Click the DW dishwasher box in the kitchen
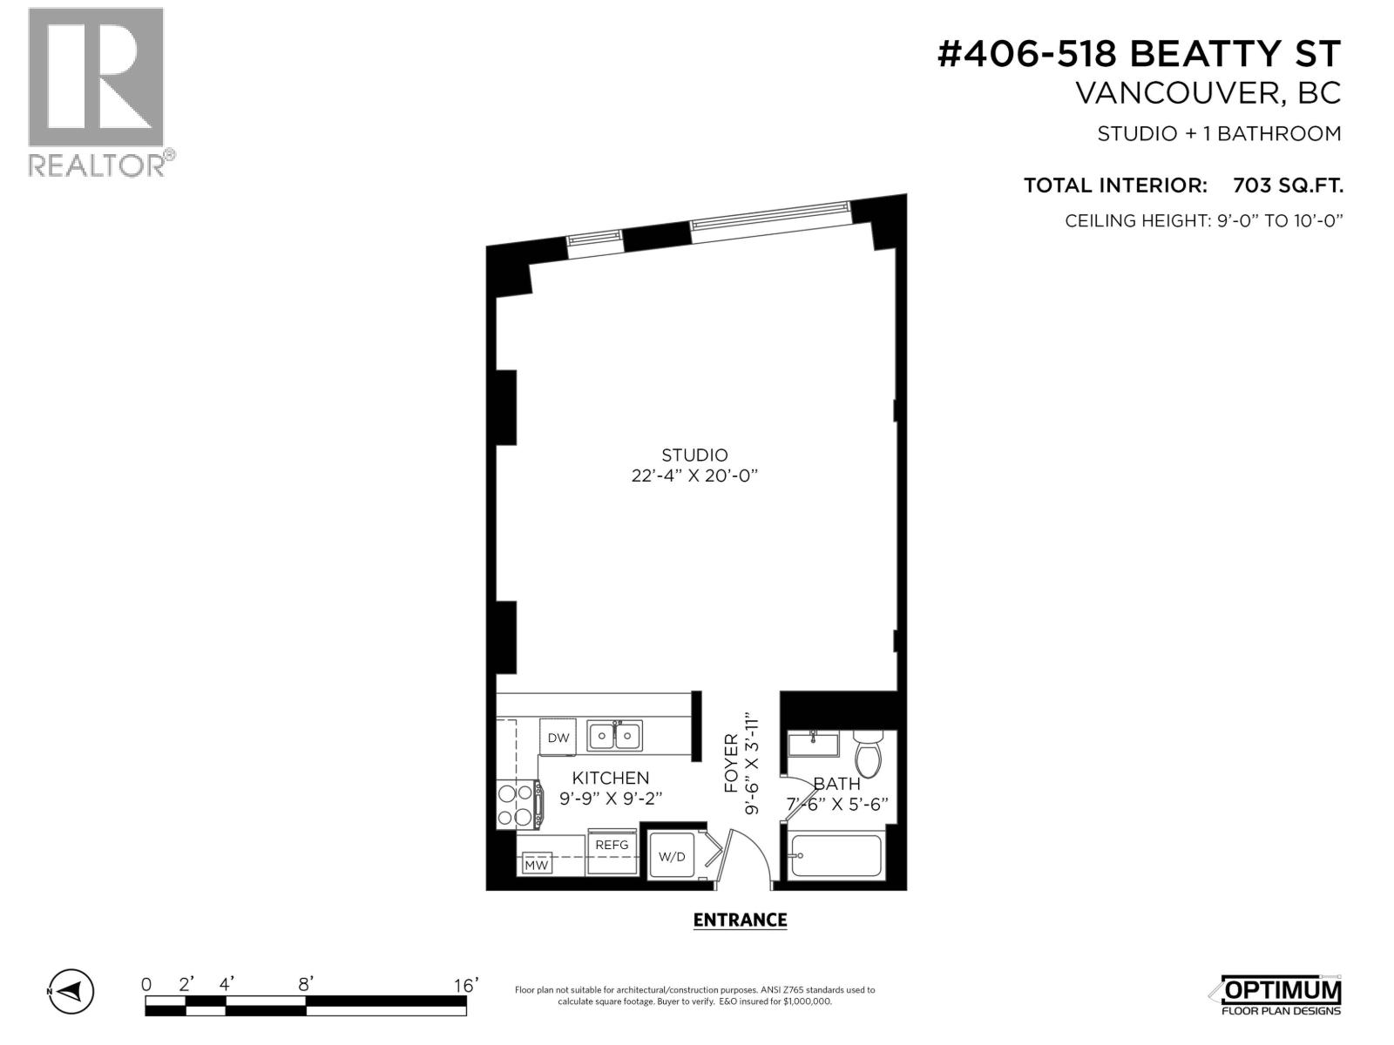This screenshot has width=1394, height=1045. [558, 738]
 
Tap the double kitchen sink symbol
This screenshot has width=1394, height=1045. [614, 736]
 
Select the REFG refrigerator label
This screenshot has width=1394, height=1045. [612, 844]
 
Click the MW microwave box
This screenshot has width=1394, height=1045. [537, 865]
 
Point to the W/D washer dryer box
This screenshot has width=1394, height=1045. [671, 857]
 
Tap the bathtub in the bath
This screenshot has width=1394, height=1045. [836, 856]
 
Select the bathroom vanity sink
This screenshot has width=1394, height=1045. [813, 745]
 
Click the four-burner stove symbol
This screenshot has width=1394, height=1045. [515, 806]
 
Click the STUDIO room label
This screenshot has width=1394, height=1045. [694, 455]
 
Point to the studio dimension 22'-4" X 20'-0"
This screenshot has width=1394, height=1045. [694, 476]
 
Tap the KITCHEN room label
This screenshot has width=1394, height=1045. [610, 778]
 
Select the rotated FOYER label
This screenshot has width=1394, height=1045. [731, 762]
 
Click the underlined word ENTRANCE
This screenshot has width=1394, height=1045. [740, 920]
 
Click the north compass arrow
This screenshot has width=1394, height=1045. [72, 990]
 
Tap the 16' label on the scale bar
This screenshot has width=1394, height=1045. [465, 985]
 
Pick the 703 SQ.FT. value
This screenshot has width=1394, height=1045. [1288, 185]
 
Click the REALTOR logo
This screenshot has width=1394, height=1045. [96, 91]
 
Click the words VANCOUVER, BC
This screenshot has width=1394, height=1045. [1208, 93]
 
